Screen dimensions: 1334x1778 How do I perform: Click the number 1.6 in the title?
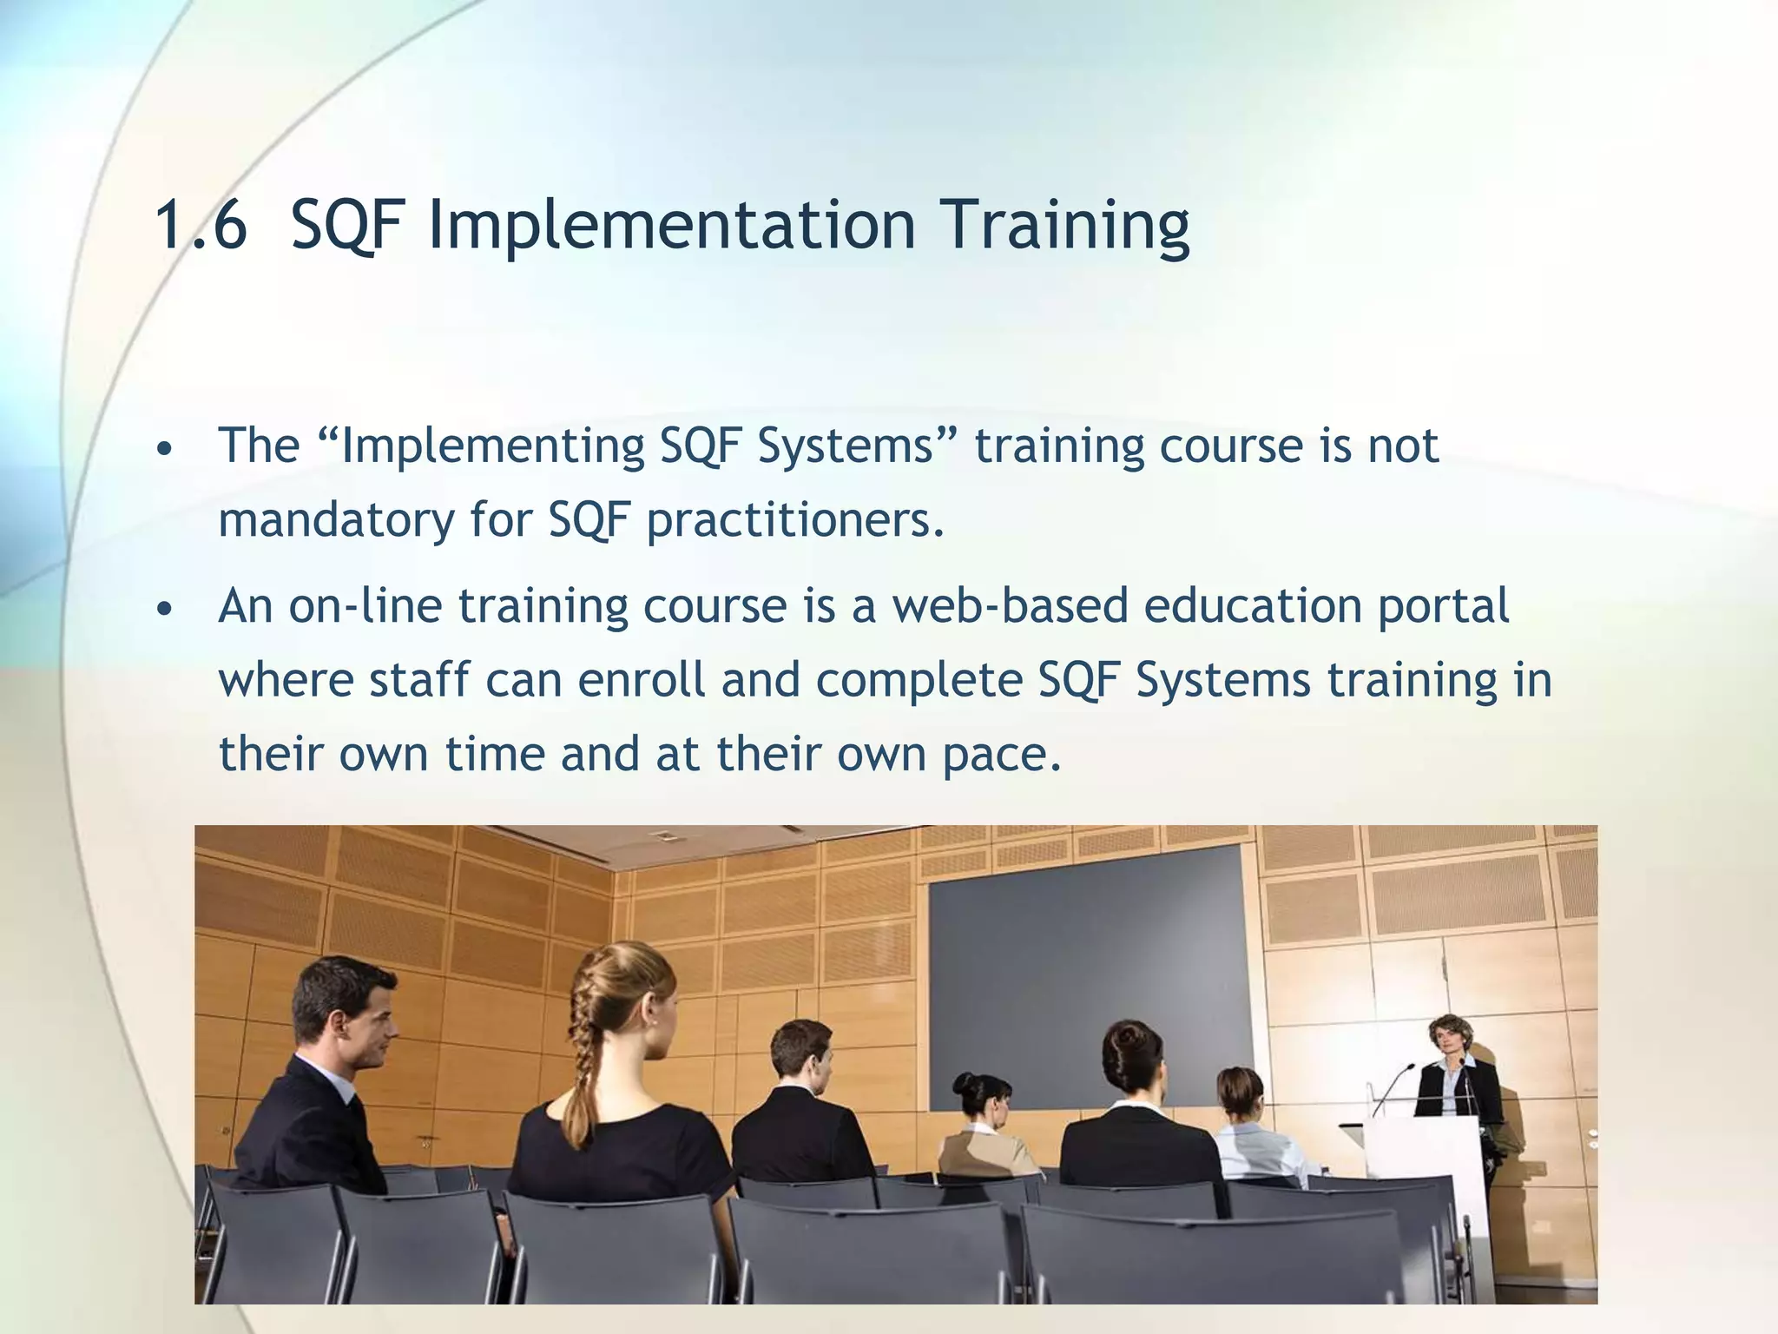[201, 225]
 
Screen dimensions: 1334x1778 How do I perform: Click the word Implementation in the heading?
[672, 225]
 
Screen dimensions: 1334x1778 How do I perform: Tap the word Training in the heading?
[1065, 225]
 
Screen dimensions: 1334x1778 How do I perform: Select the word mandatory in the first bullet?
[336, 520]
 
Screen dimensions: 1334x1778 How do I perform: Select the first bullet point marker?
[165, 450]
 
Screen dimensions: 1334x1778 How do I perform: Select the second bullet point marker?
[165, 610]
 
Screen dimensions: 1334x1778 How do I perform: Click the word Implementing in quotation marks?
[493, 446]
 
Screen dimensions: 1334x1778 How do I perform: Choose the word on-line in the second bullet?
[365, 605]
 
